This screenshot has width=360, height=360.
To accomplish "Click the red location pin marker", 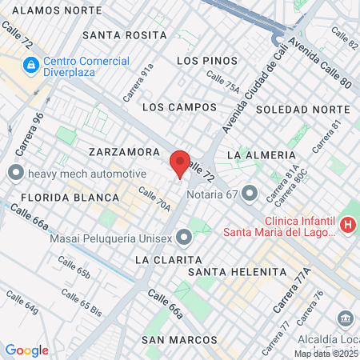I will pyautogui.click(x=181, y=163).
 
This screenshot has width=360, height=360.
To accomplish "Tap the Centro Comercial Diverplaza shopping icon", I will pyautogui.click(x=30, y=64).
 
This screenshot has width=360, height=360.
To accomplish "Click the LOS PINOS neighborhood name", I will pyautogui.click(x=207, y=61).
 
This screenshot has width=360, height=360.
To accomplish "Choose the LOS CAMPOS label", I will pyautogui.click(x=179, y=106).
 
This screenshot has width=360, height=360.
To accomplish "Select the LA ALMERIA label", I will pyautogui.click(x=262, y=154).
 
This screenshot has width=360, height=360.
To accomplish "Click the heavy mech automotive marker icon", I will pyautogui.click(x=15, y=173).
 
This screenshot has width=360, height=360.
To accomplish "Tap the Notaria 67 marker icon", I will pyautogui.click(x=250, y=193).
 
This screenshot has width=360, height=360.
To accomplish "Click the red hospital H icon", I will pyautogui.click(x=347, y=226).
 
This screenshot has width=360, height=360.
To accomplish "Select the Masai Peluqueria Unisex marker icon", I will pyautogui.click(x=186, y=237).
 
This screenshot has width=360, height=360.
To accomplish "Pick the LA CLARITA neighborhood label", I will pyautogui.click(x=166, y=260).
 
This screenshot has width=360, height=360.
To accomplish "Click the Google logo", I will pyautogui.click(x=26, y=350).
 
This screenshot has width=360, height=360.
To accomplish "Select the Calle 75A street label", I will pyautogui.click(x=222, y=82).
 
